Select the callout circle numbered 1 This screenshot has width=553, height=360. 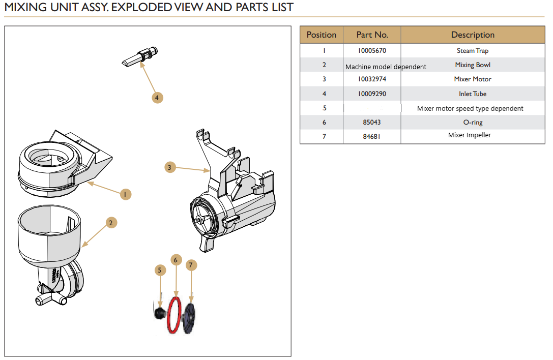click(126, 194)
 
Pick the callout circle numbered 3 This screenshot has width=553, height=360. click(170, 167)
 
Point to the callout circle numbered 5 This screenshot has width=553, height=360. click(160, 270)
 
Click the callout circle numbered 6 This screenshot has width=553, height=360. click(176, 260)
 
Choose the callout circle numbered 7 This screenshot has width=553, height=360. click(191, 265)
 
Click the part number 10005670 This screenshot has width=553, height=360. click(372, 51)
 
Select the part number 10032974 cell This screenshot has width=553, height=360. click(372, 79)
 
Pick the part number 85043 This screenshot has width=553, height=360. click(372, 123)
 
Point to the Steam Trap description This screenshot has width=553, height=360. click(473, 51)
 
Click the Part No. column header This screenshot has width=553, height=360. click(372, 35)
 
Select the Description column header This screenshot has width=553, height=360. click(473, 35)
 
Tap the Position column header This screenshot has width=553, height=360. click(322, 35)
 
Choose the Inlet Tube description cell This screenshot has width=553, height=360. click(473, 94)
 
